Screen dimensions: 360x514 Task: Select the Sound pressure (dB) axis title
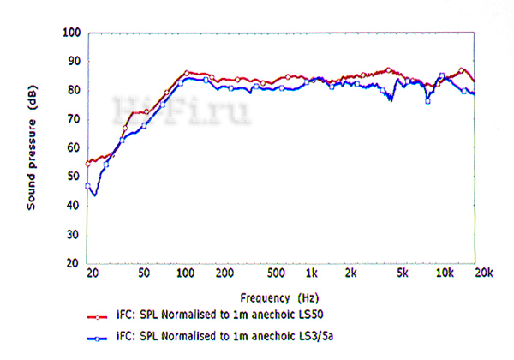pos(32,148)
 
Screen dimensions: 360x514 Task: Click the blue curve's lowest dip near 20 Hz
pos(94,195)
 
